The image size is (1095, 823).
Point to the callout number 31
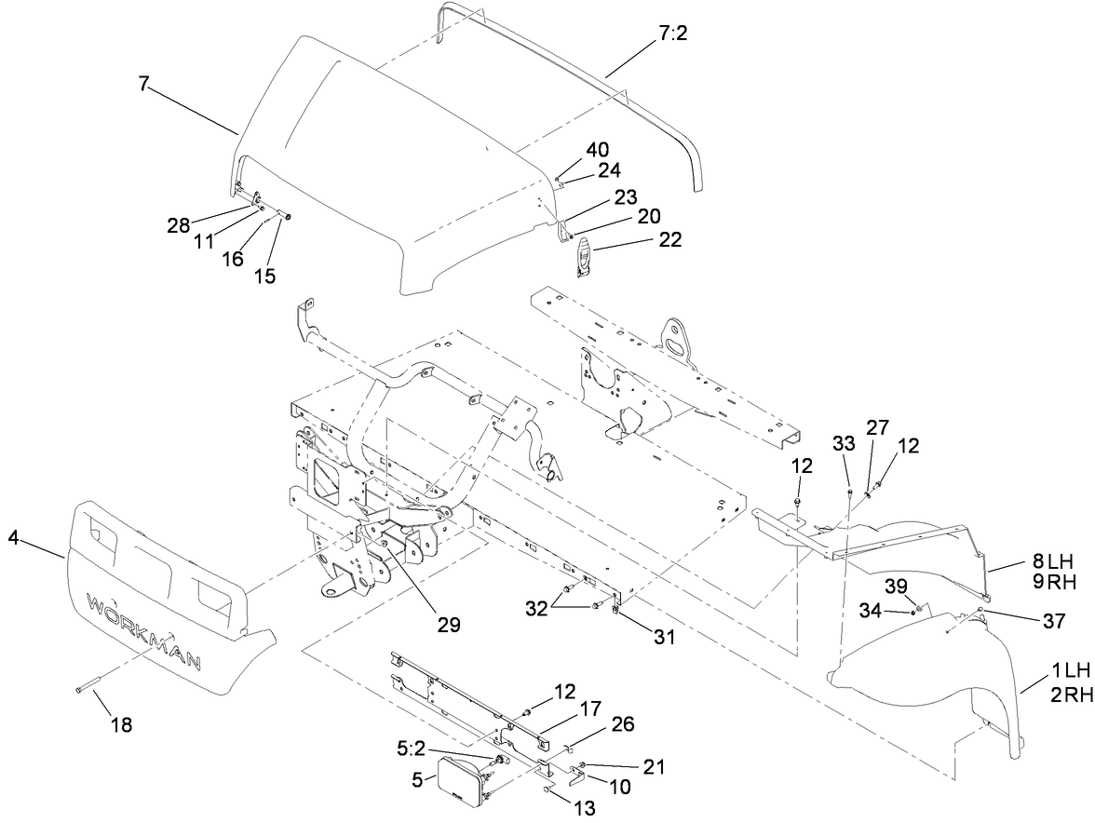[664, 638]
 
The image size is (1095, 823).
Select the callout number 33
[843, 445]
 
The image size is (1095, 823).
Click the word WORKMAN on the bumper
[144, 627]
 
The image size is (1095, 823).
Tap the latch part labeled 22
[583, 258]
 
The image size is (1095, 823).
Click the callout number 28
[178, 224]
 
